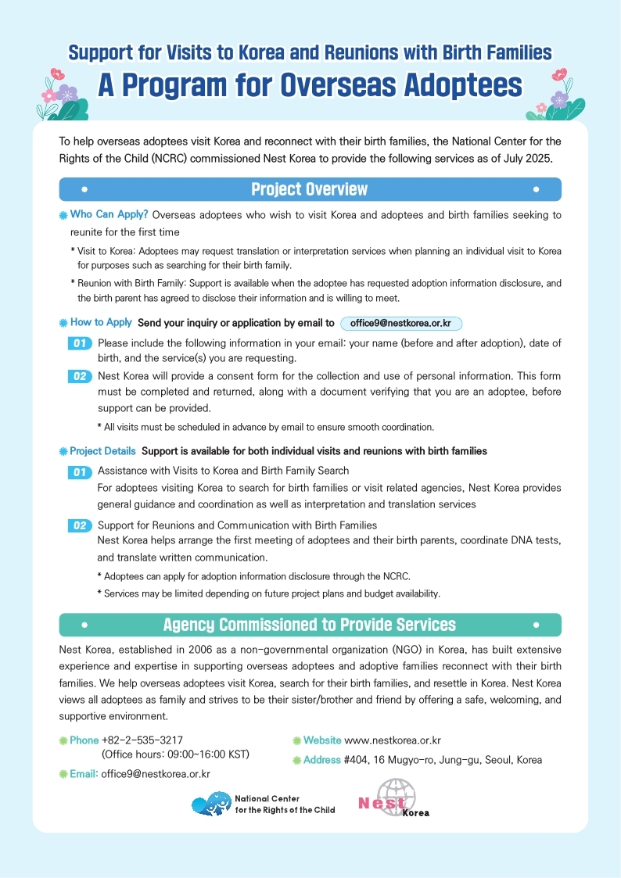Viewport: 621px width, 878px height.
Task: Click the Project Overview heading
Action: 309,190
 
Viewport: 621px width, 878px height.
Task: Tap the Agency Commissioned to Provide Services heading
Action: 309,625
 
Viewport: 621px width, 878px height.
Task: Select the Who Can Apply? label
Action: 109,214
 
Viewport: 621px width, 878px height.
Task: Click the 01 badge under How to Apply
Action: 80,343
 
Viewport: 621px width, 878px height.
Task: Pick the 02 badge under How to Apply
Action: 80,377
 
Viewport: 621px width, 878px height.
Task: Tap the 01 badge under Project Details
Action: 80,471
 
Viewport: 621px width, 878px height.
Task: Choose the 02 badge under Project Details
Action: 80,525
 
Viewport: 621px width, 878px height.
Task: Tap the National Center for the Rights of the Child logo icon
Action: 211,804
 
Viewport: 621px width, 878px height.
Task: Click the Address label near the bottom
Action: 321,760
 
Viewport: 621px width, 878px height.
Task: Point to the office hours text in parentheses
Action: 175,754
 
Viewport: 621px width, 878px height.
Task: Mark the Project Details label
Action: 102,451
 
